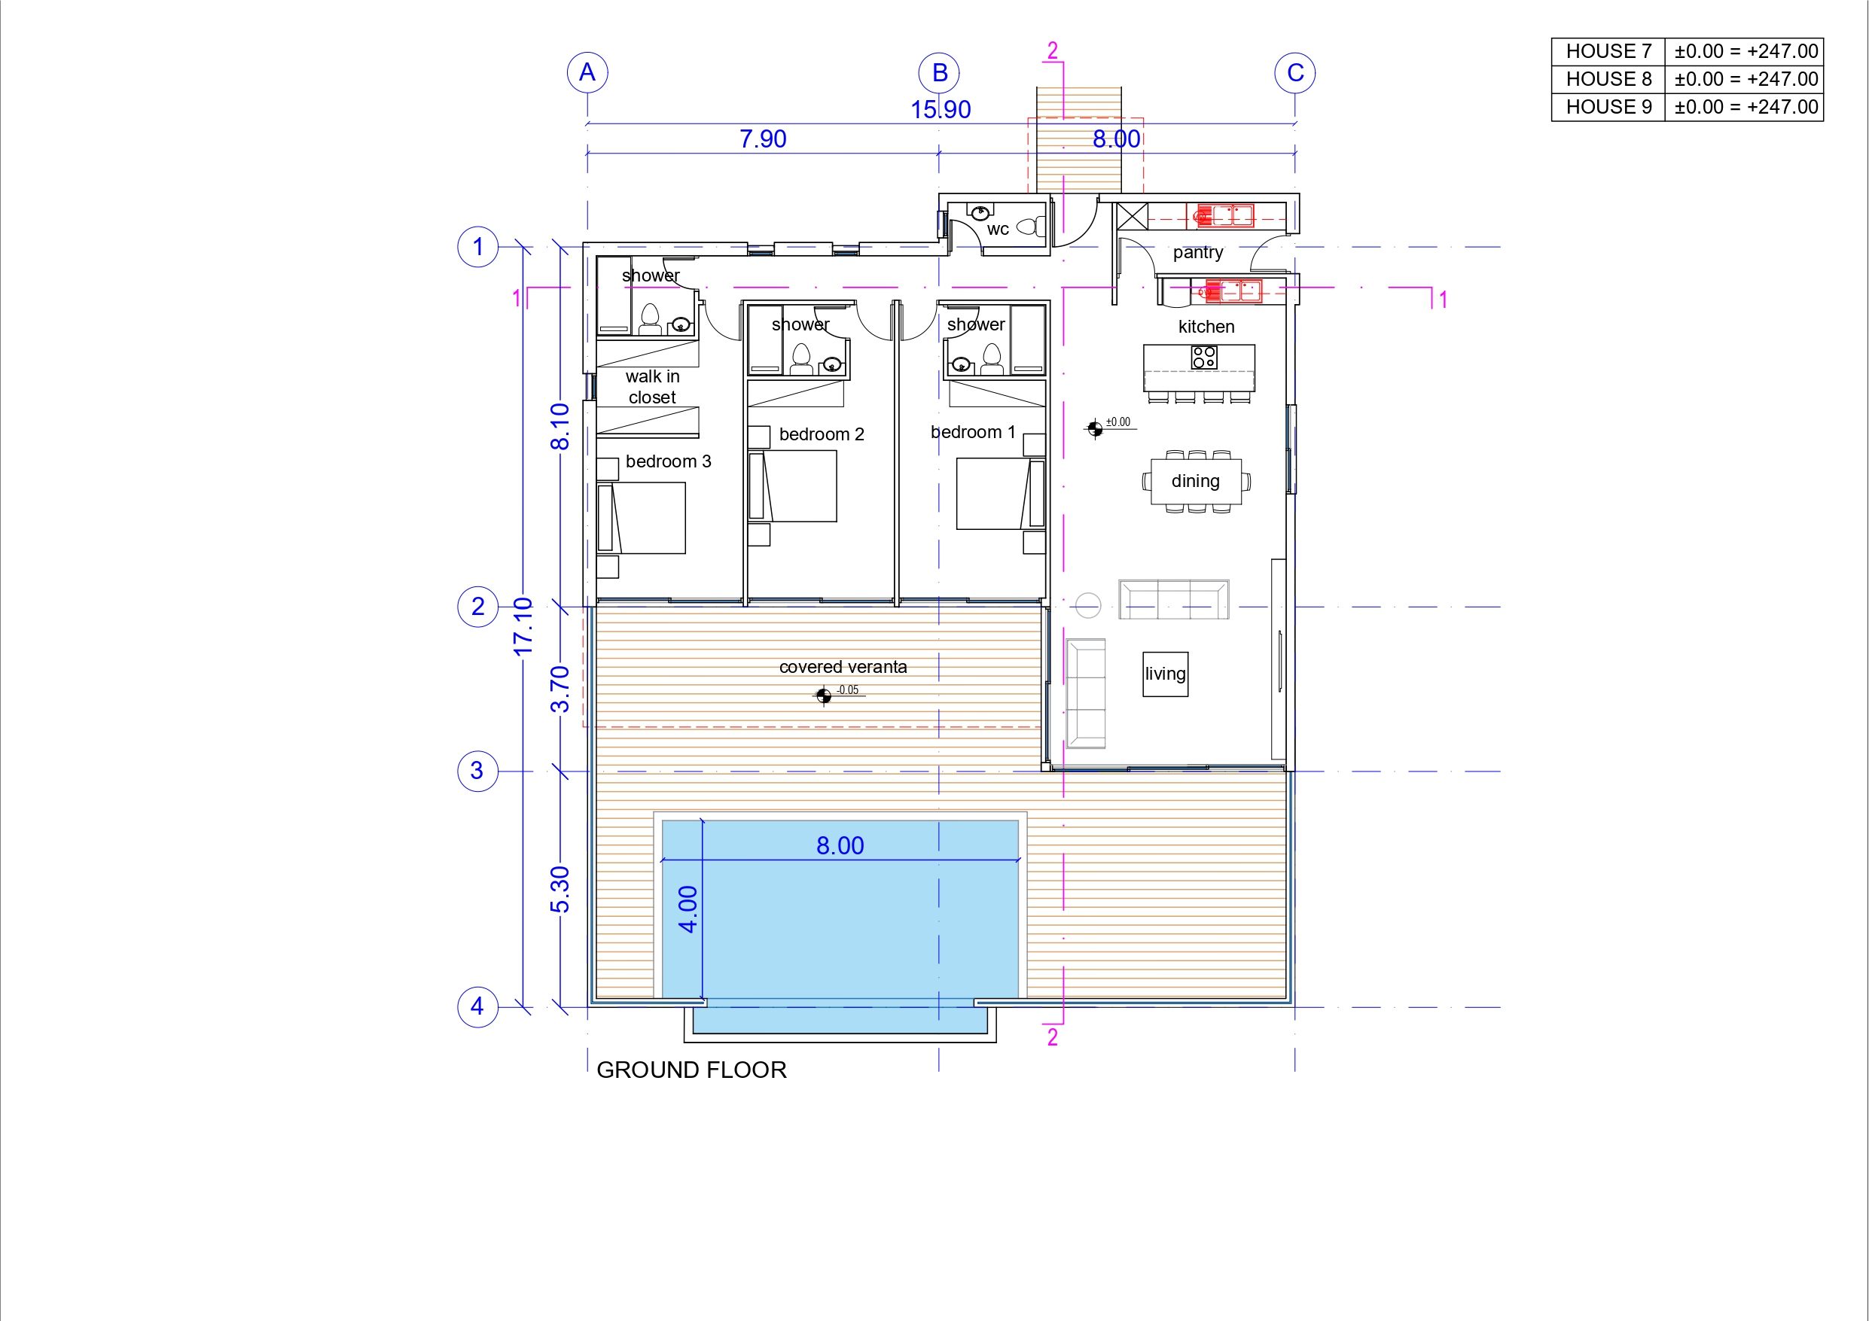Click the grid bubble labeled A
(x=587, y=73)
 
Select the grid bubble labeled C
(x=1295, y=73)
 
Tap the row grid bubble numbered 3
(x=478, y=770)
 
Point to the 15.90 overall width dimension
(x=941, y=110)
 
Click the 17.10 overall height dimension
(x=523, y=626)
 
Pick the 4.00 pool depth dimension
(x=688, y=909)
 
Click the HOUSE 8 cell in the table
(x=1608, y=79)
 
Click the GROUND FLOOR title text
(x=691, y=1070)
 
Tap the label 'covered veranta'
(x=843, y=667)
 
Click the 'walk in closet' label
(x=652, y=387)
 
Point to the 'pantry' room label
(x=1197, y=252)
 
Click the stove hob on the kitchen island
(x=1204, y=357)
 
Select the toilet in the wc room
(x=1033, y=226)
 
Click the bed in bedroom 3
(x=642, y=519)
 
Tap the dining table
(x=1196, y=481)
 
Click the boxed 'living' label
(x=1165, y=674)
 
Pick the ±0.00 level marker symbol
(x=1095, y=428)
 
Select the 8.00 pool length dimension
(x=840, y=846)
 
